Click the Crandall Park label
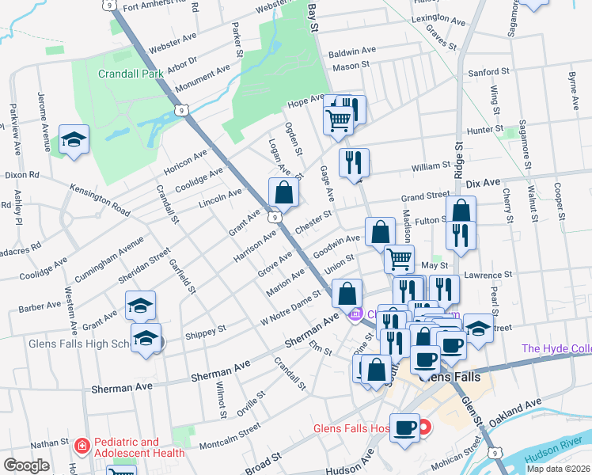click(x=130, y=74)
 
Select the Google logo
click(x=26, y=465)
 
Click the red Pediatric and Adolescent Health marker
click(x=81, y=447)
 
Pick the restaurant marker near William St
click(x=354, y=162)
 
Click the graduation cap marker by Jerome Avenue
click(x=74, y=141)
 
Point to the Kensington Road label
click(x=99, y=201)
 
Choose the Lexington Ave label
click(x=436, y=17)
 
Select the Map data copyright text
click(x=559, y=469)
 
